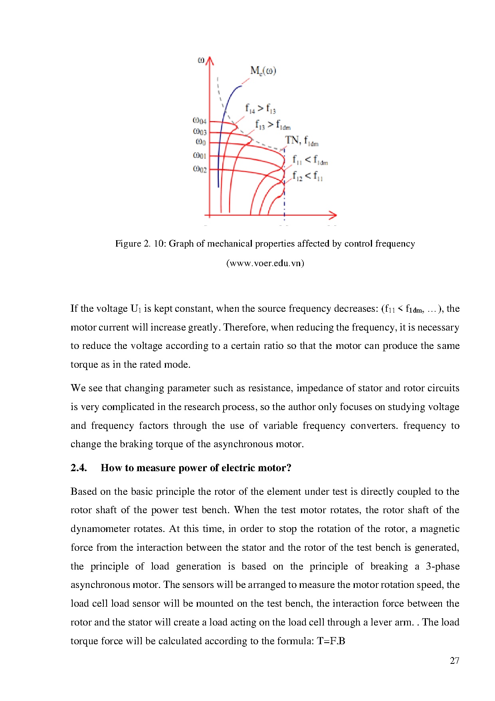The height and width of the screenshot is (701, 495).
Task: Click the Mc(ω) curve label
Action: (x=263, y=71)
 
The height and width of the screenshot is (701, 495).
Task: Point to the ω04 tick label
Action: (x=200, y=121)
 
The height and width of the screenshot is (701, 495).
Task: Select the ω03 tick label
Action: (x=200, y=131)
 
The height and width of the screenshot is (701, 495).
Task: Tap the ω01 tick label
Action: (x=200, y=155)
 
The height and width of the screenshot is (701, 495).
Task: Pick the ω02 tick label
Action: (x=200, y=169)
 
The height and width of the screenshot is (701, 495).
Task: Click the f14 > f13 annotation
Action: (x=260, y=108)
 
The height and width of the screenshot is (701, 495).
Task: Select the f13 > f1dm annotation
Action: (x=273, y=125)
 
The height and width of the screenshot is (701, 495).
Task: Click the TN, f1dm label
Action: (x=301, y=141)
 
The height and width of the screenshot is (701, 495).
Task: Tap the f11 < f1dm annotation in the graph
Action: (x=310, y=160)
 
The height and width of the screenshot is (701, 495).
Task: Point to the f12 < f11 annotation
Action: (x=307, y=176)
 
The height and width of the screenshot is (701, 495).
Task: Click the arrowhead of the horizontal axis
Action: (x=333, y=215)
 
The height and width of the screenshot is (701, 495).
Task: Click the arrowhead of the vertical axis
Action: (x=210, y=60)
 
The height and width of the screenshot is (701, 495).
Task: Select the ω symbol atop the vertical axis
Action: (x=201, y=60)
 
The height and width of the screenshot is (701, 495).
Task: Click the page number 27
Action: (x=454, y=661)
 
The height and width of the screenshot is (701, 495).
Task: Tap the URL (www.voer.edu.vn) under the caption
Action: (x=265, y=263)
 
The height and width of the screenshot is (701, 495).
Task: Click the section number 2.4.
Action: (x=79, y=468)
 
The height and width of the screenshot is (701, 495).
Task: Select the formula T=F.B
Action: (x=331, y=641)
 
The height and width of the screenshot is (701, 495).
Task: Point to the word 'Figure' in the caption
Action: (x=128, y=243)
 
